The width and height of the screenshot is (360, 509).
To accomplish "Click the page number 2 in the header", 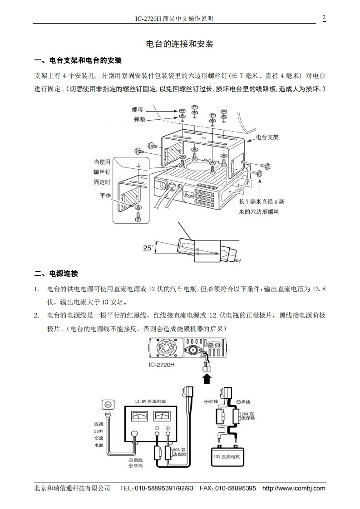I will click(324, 18).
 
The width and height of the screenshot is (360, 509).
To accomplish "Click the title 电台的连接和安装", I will click(180, 44).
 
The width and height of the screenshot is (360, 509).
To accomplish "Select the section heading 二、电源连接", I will click(56, 274).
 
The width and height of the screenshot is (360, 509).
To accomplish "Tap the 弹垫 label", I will click(139, 119).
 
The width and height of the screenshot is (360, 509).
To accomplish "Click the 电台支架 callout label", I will click(267, 136).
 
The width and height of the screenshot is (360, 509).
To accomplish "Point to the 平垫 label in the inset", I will click(105, 196).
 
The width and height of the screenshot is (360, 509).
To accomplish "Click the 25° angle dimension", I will click(148, 248).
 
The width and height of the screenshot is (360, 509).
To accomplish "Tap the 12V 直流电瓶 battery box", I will click(230, 456).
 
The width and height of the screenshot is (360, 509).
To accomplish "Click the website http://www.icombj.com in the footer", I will click(294, 488).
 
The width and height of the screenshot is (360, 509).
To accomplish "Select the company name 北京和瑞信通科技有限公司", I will click(73, 488).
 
